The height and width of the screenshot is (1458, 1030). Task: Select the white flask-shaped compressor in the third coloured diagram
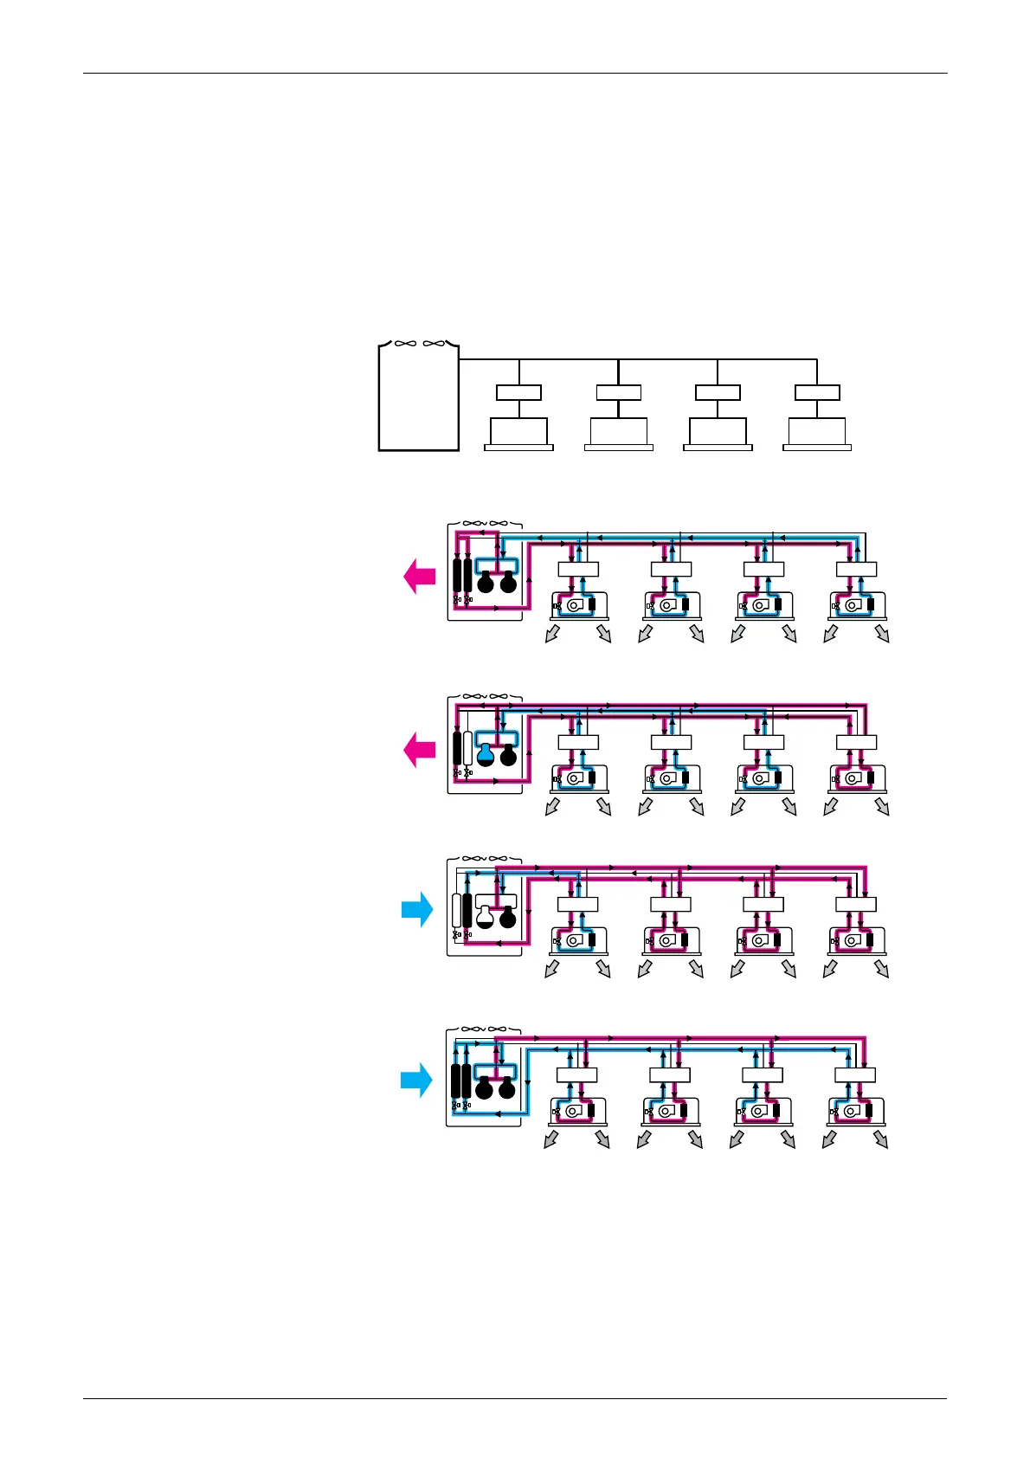pos(486,916)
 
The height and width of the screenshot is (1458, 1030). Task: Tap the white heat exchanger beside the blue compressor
pos(468,748)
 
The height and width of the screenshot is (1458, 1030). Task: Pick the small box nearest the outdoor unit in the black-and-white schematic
pos(518,392)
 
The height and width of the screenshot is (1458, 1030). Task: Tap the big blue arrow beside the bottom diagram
pos(416,1080)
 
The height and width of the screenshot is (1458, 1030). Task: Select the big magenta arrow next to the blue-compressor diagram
pos(420,750)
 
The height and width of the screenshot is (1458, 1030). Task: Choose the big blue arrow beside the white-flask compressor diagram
pos(417,910)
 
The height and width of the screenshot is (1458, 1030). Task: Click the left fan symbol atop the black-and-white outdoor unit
pos(404,344)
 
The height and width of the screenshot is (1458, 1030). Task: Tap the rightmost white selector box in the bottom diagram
pos(855,1075)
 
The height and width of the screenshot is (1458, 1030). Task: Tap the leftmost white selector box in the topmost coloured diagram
pos(578,569)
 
